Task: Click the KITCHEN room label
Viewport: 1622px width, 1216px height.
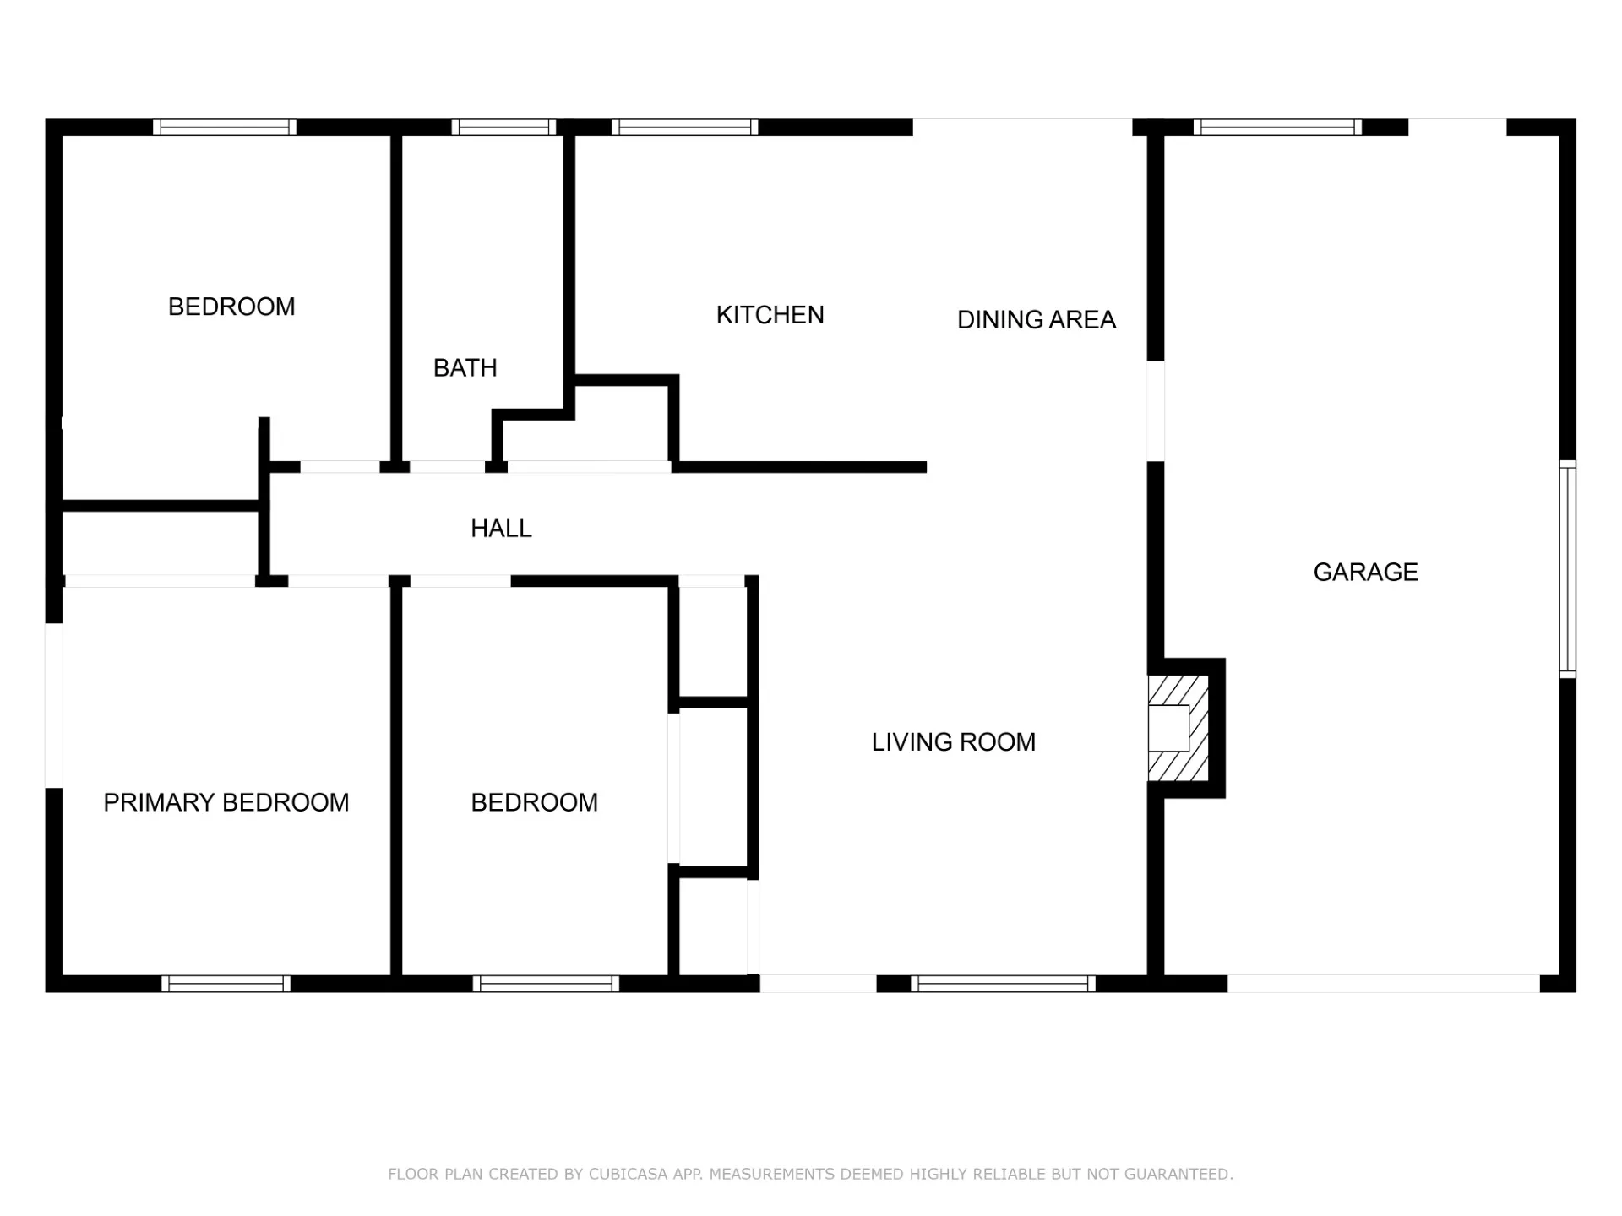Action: (770, 315)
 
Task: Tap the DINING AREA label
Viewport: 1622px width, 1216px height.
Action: (1037, 320)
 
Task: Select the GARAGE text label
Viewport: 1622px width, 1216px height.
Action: (1365, 573)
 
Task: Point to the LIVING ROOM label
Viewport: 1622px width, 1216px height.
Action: (954, 742)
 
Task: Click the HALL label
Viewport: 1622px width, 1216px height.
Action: (501, 529)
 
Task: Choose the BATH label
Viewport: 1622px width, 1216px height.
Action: (465, 368)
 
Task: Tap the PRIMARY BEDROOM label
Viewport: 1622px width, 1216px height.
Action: (226, 802)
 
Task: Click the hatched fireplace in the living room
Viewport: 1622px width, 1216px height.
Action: (1178, 728)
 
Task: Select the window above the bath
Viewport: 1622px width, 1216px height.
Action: (503, 128)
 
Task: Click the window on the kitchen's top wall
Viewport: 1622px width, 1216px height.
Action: (685, 128)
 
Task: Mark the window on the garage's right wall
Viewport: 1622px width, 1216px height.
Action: (1568, 570)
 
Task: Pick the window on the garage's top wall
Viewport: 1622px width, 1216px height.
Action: (1277, 128)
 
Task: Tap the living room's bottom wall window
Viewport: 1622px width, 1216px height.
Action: (1003, 984)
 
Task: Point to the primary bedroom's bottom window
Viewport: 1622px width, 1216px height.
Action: (226, 984)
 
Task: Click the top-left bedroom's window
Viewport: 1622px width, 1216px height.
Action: (225, 128)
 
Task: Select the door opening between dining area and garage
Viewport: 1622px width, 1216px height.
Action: (1156, 411)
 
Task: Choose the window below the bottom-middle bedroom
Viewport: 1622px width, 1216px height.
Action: (546, 984)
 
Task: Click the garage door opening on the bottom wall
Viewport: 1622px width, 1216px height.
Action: (1384, 984)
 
